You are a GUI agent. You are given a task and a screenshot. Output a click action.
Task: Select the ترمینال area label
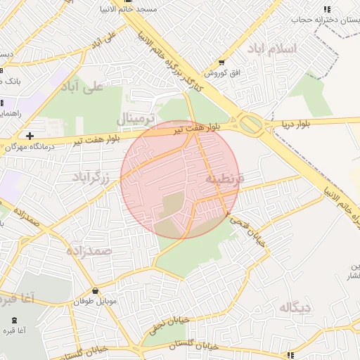coord(134,119)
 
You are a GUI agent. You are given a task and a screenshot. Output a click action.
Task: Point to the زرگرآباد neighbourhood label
coord(91,178)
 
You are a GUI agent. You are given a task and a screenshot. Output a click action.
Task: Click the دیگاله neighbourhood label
coord(295,307)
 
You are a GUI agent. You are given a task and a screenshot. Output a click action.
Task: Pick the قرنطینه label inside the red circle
coord(224,179)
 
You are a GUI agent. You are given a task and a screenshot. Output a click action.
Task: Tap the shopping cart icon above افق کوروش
coord(223,62)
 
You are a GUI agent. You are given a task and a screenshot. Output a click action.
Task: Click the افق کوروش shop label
coord(224,72)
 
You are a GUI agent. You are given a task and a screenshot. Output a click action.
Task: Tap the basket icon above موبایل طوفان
coord(95,291)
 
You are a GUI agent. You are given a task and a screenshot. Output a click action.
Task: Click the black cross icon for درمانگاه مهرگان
coord(30,135)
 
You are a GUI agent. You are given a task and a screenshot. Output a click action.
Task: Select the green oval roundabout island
coord(252,124)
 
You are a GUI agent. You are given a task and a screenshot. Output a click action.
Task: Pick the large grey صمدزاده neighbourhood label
coord(89,250)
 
